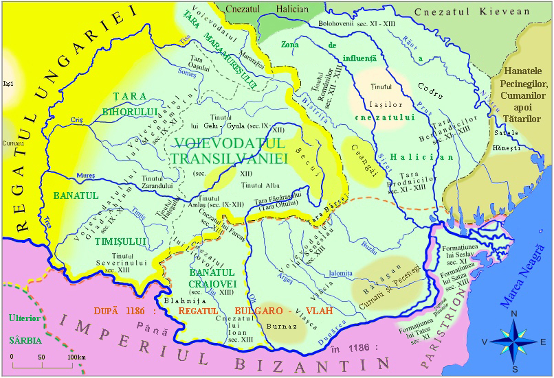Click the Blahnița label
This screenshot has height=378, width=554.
[178, 300]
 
